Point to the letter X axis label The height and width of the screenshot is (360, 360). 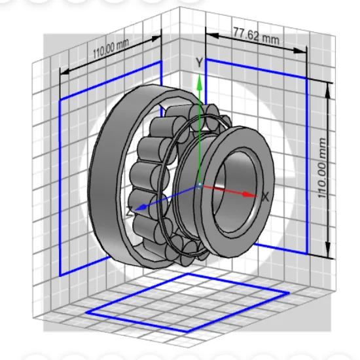click(x=265, y=196)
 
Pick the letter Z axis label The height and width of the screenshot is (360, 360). click(x=130, y=211)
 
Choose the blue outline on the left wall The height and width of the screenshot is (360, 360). click(x=60, y=196)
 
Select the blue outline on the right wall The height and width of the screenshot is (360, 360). click(x=307, y=164)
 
